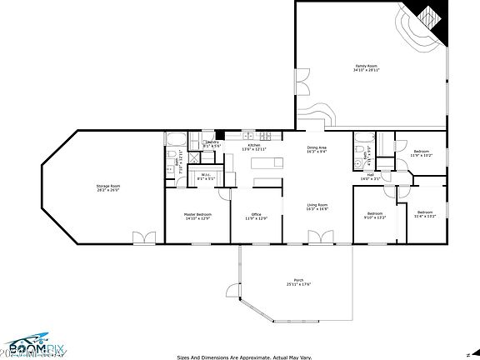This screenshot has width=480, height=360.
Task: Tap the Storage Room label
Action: [107, 187]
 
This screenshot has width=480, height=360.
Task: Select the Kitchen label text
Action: [254, 146]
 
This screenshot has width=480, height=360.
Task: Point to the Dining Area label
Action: [317, 149]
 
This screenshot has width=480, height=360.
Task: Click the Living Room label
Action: [317, 207]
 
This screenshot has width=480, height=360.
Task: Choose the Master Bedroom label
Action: [197, 216]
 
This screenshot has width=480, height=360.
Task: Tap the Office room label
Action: [257, 216]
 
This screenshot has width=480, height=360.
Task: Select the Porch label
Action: [297, 282]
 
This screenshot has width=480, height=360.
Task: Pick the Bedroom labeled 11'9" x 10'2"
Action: [421, 153]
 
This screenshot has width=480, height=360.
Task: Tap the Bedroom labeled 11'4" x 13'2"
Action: [425, 214]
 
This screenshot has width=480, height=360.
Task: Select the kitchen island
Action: [267, 181]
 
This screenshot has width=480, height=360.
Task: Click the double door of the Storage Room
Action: [143, 239]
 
